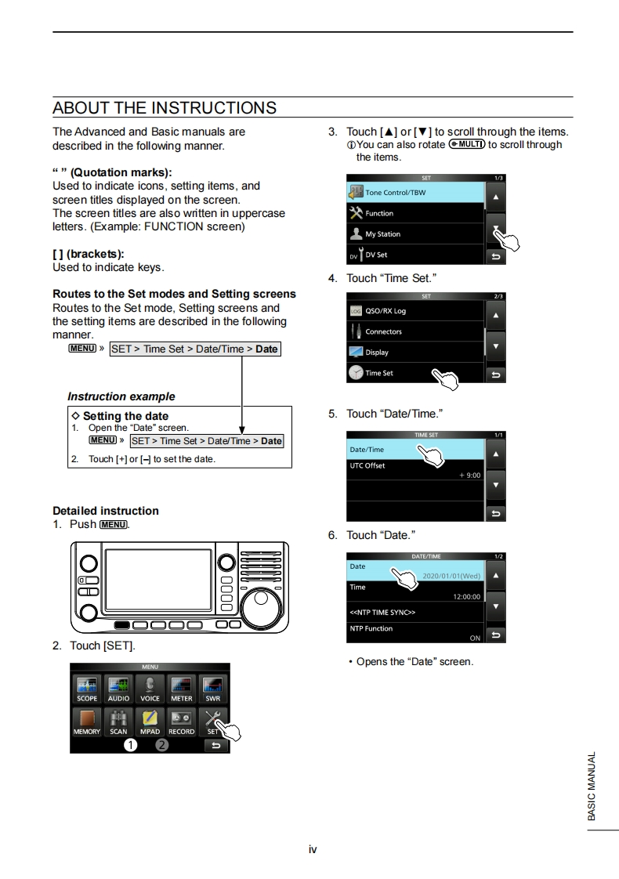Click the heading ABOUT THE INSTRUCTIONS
(x=165, y=107)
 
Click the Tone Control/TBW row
(x=415, y=192)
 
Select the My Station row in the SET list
(x=415, y=233)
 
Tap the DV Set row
(x=415, y=255)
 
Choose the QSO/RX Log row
(x=415, y=311)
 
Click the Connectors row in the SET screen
(x=415, y=331)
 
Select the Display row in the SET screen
(x=415, y=352)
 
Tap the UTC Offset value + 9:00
(x=469, y=476)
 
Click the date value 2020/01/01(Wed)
(x=451, y=576)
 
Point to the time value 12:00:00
(x=466, y=597)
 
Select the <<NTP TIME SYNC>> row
(x=415, y=612)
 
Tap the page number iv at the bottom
(x=313, y=849)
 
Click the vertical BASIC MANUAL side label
(x=592, y=786)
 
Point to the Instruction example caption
(x=121, y=396)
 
